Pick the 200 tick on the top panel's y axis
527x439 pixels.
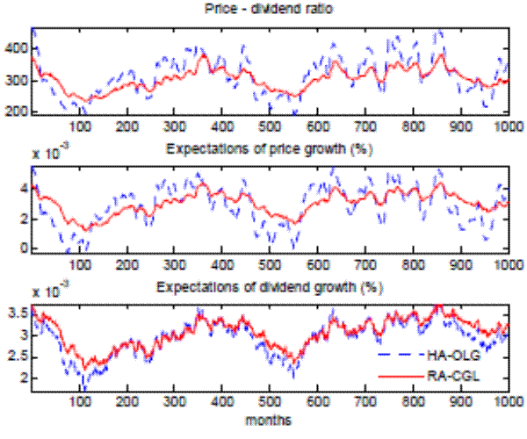click(x=17, y=112)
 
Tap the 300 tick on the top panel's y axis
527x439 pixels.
click(x=17, y=81)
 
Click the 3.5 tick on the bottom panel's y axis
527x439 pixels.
click(x=17, y=313)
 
